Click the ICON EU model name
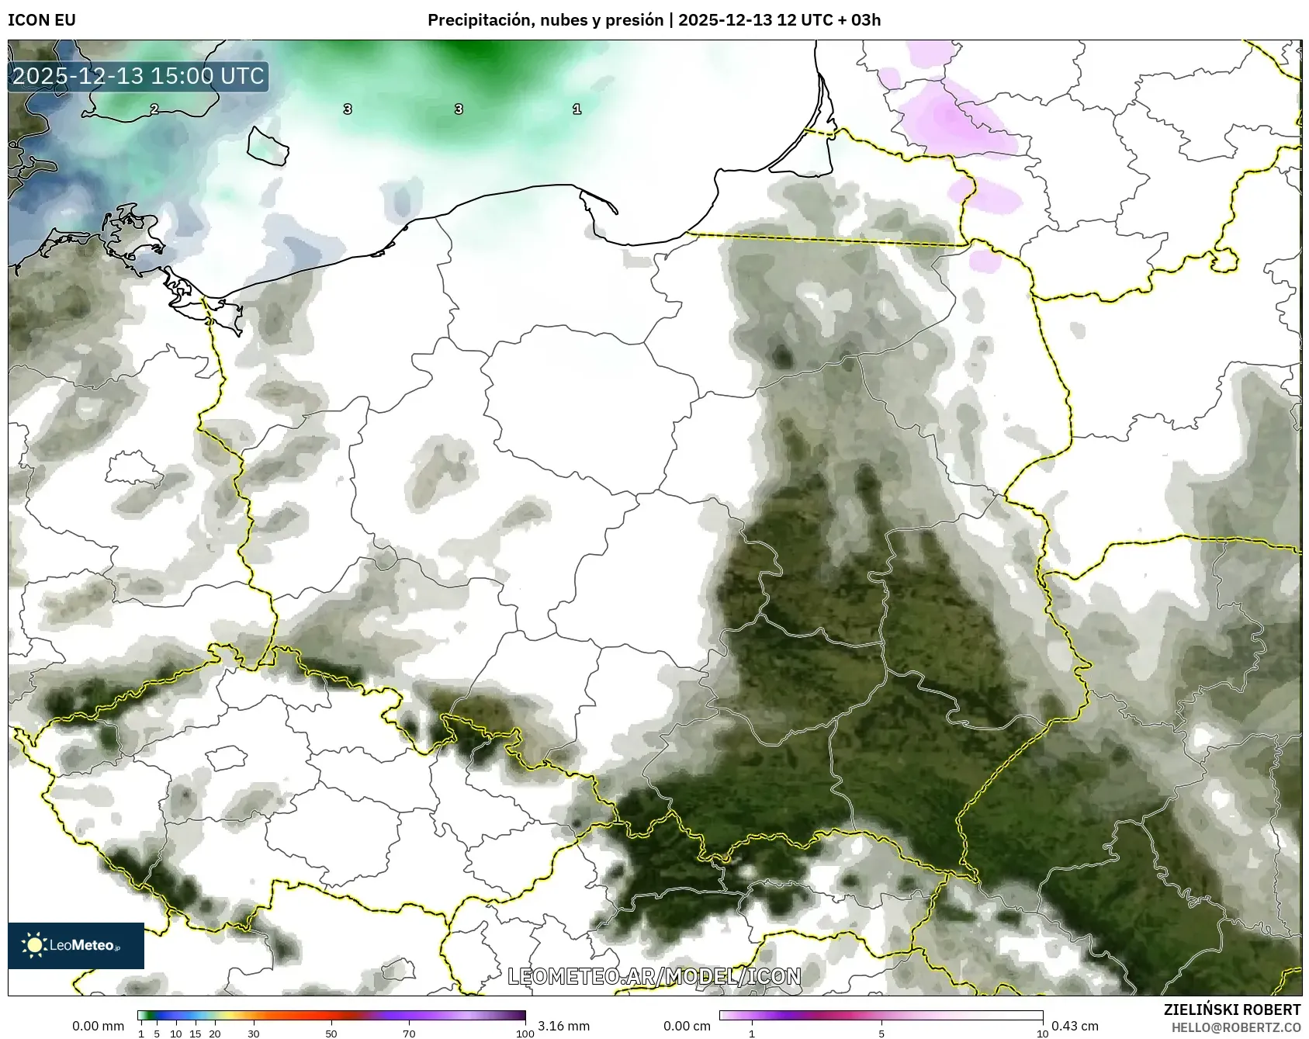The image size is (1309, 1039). click(42, 20)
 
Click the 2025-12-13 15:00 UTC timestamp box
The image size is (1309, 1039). click(138, 76)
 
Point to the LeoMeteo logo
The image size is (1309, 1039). click(76, 945)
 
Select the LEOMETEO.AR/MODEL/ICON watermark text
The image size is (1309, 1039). click(654, 976)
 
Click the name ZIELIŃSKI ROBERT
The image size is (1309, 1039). click(1232, 1010)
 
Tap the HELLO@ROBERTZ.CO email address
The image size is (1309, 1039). click(1236, 1027)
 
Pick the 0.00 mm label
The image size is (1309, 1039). click(98, 1026)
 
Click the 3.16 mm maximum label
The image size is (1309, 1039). click(563, 1026)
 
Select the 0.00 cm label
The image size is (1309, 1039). click(687, 1026)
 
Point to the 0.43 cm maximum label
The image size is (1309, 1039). click(1075, 1026)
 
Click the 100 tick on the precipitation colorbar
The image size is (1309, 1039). click(525, 1034)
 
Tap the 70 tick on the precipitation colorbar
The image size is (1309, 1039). click(409, 1034)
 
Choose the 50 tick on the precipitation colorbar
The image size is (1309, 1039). click(331, 1034)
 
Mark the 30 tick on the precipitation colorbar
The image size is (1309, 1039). click(254, 1034)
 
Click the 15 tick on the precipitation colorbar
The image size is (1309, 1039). click(196, 1034)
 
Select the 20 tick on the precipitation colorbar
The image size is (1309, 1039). click(215, 1034)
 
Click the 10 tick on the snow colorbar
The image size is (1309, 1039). click(1043, 1034)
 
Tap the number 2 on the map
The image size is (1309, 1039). click(154, 109)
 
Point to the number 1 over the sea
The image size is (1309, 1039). click(577, 109)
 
